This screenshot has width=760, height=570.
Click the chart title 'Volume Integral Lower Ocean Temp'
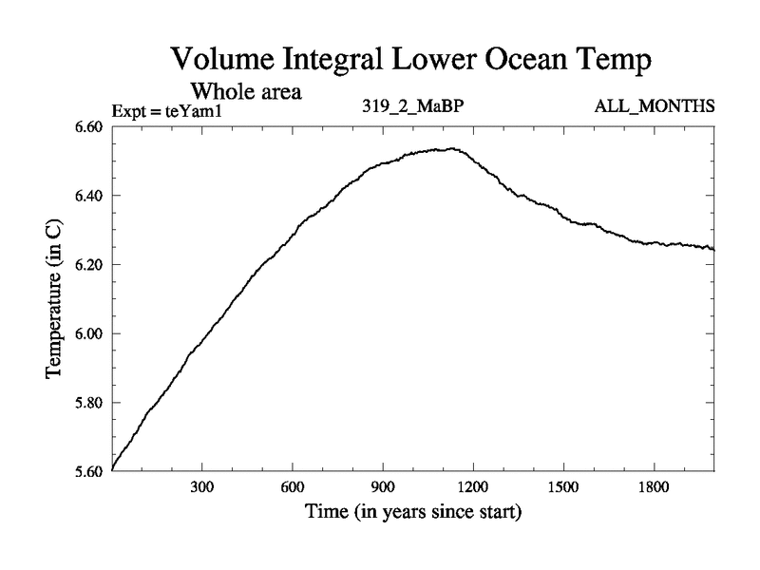tap(412, 60)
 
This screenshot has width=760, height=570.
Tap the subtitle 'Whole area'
tap(246, 92)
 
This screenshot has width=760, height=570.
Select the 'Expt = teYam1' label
tap(172, 110)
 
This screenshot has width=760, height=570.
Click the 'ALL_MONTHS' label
tap(655, 106)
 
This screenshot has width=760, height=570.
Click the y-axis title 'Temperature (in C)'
tap(54, 298)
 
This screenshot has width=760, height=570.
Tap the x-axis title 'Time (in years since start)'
tap(413, 513)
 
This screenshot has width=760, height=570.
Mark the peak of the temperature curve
tap(450, 148)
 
